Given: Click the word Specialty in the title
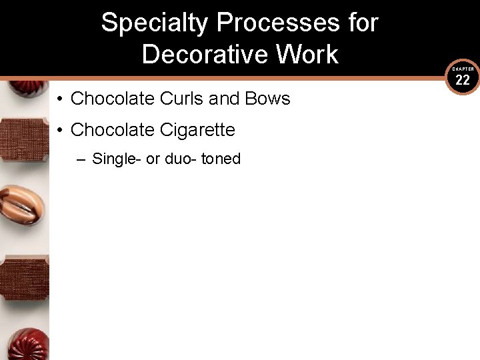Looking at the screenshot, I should tap(155, 23).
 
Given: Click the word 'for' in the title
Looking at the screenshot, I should tap(363, 23).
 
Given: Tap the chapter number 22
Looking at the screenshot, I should tap(463, 81).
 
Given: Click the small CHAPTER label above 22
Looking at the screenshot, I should tap(463, 69).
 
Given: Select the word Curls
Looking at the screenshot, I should tap(182, 99).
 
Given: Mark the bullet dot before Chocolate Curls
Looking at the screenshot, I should tap(59, 99).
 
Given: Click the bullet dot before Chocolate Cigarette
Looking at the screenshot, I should tap(59, 130).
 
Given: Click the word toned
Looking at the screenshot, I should tap(222, 159).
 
